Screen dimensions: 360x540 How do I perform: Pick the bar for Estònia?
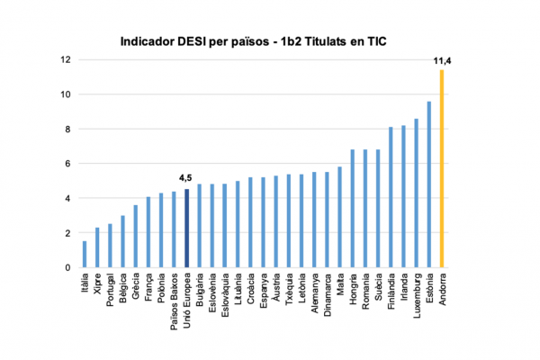pos(429,184)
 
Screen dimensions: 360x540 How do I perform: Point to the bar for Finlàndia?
pos(391,197)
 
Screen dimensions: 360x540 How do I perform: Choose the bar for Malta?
pos(339,217)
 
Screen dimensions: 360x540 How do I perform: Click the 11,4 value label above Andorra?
pos(441,60)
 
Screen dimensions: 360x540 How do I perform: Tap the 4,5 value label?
pos(186,179)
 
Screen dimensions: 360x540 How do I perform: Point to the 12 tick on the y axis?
pos(66,60)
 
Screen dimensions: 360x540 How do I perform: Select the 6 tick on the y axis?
pos(67,164)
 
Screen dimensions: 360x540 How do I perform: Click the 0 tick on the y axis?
pos(67,267)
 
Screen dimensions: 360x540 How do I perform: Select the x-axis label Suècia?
pos(377,290)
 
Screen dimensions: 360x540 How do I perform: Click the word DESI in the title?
pos(191,40)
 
